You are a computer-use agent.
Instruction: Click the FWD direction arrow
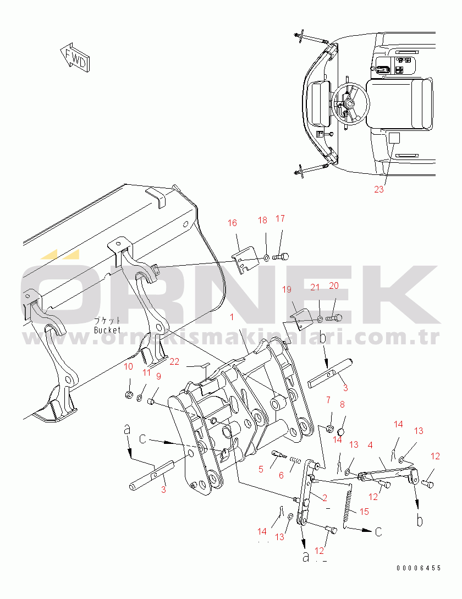(x=75, y=58)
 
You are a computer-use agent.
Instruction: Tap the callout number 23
(x=379, y=189)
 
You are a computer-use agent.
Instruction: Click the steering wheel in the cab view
(x=351, y=103)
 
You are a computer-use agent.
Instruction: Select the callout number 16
(x=232, y=223)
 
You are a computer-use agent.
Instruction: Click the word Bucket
(x=107, y=330)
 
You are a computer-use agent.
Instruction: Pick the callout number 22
(x=174, y=361)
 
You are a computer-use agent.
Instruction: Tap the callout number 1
(x=232, y=317)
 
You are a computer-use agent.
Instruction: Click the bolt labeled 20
(x=334, y=317)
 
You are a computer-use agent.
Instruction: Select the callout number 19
(x=287, y=289)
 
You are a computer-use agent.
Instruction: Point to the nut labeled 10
(x=129, y=394)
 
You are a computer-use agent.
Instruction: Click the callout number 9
(x=158, y=376)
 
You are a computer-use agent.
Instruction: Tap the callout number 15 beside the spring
(x=364, y=512)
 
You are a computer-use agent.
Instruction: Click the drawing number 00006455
(x=419, y=568)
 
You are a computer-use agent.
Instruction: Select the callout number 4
(x=370, y=445)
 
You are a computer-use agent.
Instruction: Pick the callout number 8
(x=342, y=404)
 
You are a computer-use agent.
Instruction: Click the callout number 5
(x=261, y=469)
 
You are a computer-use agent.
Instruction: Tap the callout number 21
(x=315, y=287)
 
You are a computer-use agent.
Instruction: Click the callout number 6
(x=281, y=475)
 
